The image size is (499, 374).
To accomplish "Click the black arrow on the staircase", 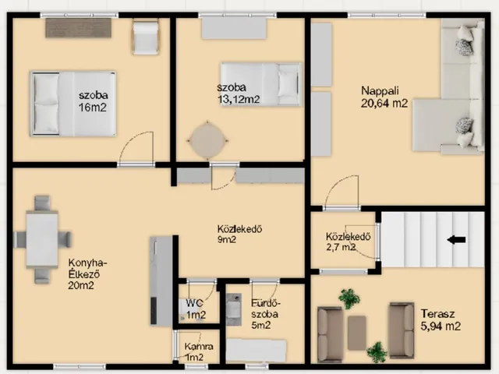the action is click(456, 239).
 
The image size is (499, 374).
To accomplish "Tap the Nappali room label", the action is click(380, 90).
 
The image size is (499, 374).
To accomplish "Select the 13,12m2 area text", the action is click(239, 99).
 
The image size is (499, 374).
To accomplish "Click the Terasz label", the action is click(437, 314).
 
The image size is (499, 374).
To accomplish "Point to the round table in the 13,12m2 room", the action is click(207, 140).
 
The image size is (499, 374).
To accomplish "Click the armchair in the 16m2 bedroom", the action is click(146, 37).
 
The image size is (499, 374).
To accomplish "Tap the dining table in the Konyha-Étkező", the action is click(42, 239).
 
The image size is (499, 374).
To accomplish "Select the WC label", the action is click(194, 303).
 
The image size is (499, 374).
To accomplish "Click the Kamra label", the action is click(199, 346).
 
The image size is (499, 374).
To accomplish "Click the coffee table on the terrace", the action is click(357, 333).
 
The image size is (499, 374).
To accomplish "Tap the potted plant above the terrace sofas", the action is click(349, 298).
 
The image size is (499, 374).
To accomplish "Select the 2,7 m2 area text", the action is click(341, 247).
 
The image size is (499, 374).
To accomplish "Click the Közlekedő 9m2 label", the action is click(239, 234).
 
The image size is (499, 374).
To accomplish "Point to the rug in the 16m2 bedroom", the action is click(79, 28).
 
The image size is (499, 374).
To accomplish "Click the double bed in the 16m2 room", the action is click(73, 104).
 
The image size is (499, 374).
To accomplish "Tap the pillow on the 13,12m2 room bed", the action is click(288, 83).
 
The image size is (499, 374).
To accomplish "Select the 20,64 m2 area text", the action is click(384, 104).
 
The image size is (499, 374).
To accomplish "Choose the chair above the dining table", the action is click(42, 203).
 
